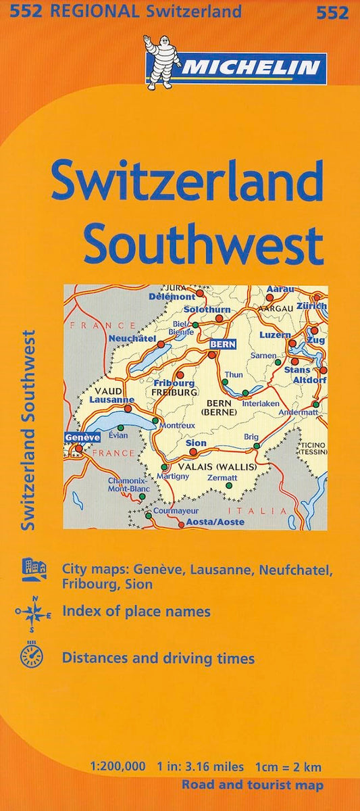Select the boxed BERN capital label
point(222,344)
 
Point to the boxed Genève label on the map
point(82,437)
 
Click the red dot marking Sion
point(193,451)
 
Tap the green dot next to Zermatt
point(230,485)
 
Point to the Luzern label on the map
point(275,335)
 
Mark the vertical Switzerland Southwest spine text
point(29,429)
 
